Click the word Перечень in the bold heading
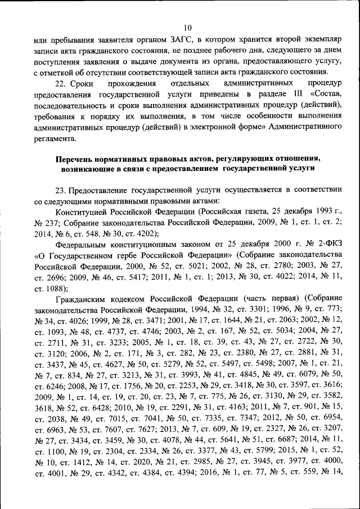(x=75, y=158)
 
